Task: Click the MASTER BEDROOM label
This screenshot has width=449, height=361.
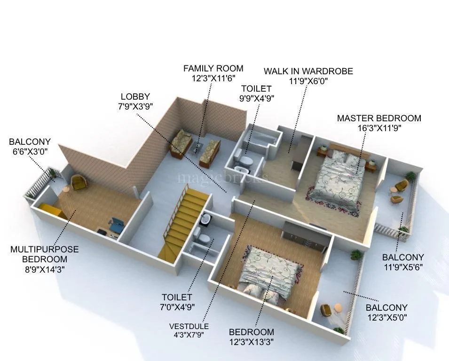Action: pyautogui.click(x=379, y=118)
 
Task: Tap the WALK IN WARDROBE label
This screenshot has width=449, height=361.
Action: pyautogui.click(x=308, y=71)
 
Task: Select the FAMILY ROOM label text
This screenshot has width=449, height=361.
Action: pyautogui.click(x=213, y=69)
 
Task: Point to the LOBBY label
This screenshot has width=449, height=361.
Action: pyautogui.click(x=135, y=97)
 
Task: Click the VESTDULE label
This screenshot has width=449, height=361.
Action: pyautogui.click(x=189, y=326)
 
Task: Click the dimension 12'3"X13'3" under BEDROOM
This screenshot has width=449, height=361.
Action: pyautogui.click(x=252, y=342)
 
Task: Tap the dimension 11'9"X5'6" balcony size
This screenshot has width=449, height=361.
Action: pyautogui.click(x=403, y=267)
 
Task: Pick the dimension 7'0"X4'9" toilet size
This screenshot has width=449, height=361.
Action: pyautogui.click(x=177, y=307)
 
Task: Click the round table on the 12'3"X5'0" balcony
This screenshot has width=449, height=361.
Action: pyautogui.click(x=338, y=308)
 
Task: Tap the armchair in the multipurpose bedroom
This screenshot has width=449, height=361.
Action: pyautogui.click(x=78, y=181)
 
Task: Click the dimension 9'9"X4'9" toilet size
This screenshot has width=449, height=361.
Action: pyautogui.click(x=257, y=98)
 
